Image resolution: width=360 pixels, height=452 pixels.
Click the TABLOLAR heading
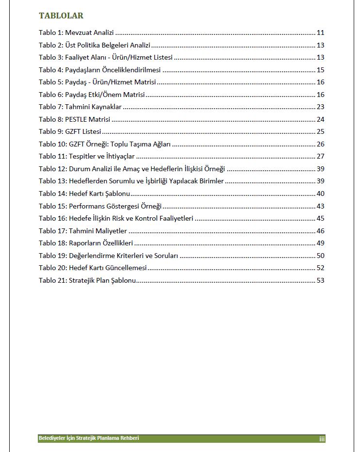[x=61, y=16]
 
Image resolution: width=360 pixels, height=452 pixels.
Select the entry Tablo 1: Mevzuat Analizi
[x=76, y=33]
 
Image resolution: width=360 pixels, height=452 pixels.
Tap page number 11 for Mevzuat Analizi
[x=320, y=33]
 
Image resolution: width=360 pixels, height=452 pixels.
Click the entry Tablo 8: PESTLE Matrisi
[x=74, y=119]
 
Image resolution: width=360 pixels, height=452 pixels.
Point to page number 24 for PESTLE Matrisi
[x=320, y=119]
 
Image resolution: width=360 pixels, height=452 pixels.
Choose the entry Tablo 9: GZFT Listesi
[x=70, y=131]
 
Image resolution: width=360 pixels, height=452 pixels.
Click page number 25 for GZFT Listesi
[x=320, y=131]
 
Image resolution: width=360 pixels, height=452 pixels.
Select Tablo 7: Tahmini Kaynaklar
[x=80, y=107]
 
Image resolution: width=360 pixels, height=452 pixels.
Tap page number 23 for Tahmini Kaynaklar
[x=320, y=107]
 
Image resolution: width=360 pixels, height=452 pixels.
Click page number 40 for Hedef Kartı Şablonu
[x=320, y=194]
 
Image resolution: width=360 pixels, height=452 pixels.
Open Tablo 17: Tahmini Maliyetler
[x=83, y=231]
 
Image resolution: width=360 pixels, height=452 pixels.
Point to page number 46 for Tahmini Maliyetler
[x=320, y=231]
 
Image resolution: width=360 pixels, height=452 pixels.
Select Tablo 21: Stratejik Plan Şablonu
[x=87, y=280]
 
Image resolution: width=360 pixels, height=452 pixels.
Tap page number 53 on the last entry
[x=320, y=280]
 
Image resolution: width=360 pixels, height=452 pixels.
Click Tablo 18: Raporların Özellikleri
[x=86, y=243]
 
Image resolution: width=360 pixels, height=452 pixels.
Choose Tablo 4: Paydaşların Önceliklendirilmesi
[x=99, y=70]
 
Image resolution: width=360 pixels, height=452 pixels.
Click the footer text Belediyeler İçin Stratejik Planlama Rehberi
[x=89, y=438]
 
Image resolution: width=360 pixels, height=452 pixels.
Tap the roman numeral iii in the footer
[x=322, y=439]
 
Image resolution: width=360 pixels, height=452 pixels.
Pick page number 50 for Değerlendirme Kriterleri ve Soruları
[x=320, y=256]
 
